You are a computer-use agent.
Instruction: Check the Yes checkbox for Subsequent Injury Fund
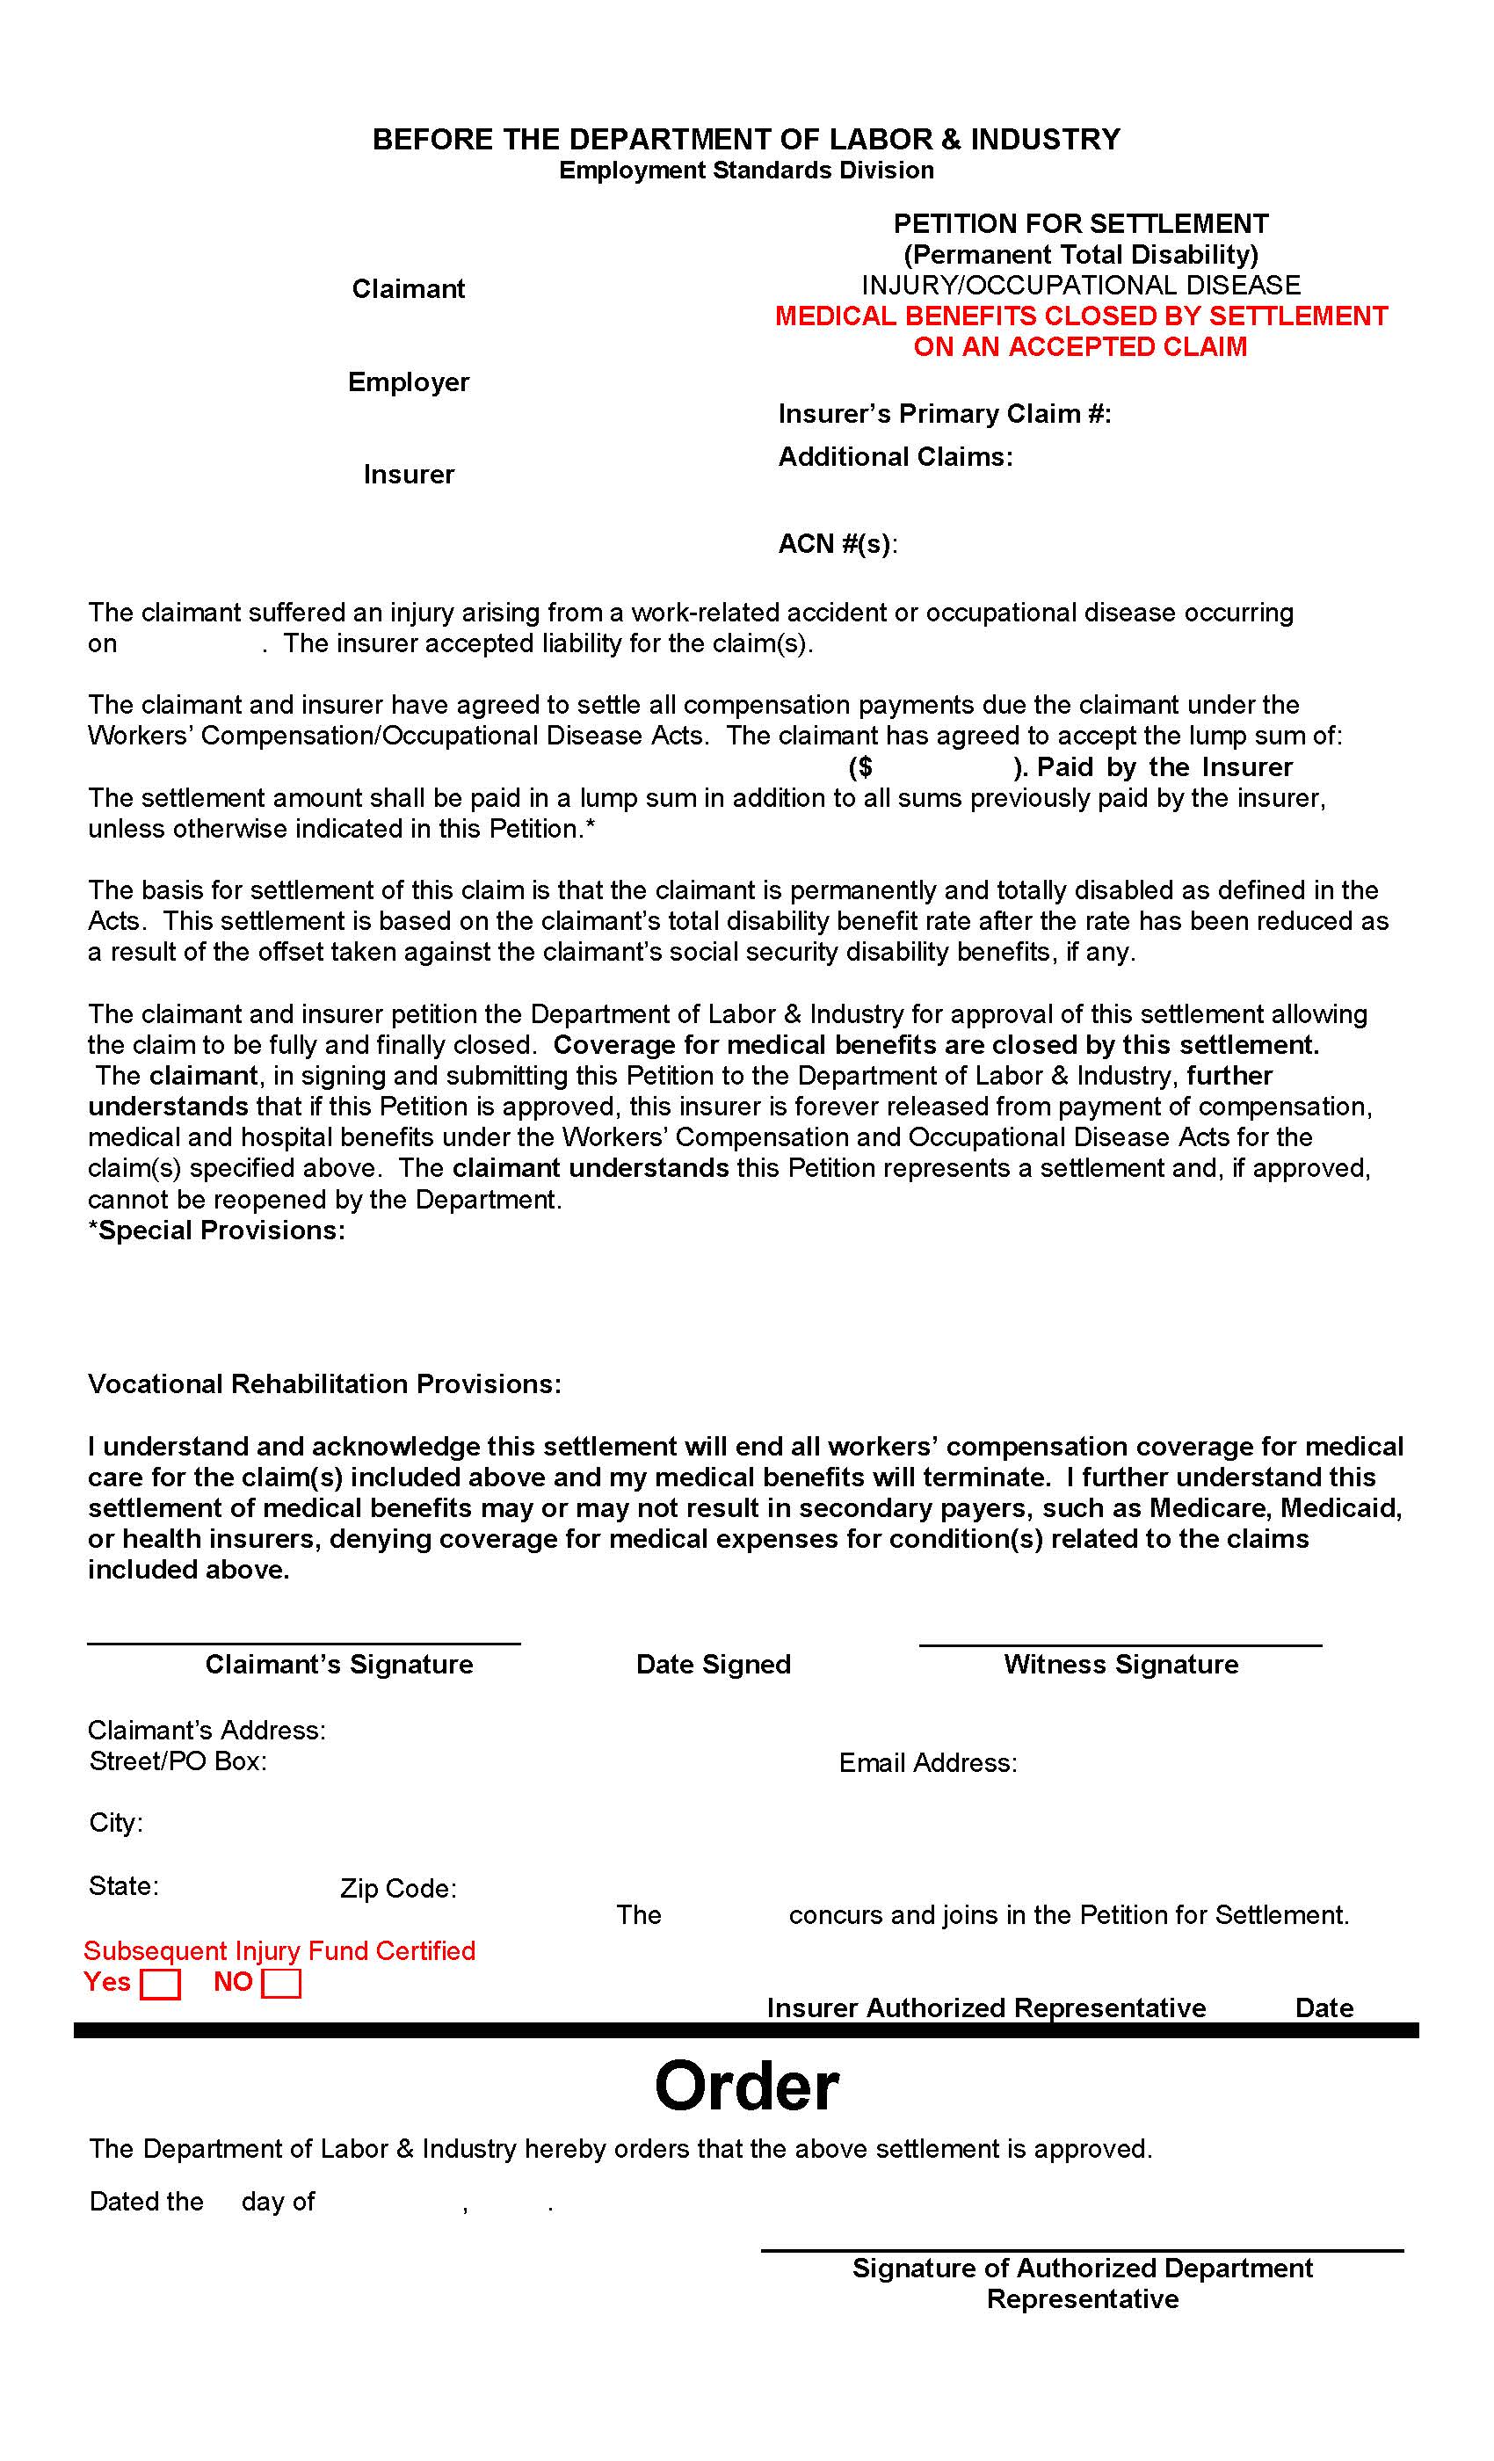[160, 1985]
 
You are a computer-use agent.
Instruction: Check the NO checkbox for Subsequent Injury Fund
[280, 1985]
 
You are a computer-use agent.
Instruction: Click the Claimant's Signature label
[338, 1664]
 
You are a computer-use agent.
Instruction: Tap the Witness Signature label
[1120, 1664]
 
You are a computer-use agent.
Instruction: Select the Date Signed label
[713, 1664]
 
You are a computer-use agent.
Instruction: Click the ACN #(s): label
[837, 543]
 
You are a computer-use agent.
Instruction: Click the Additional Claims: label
[895, 456]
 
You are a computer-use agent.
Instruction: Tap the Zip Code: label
[397, 1889]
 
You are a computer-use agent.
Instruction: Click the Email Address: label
[928, 1763]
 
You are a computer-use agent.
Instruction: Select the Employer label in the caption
[408, 381]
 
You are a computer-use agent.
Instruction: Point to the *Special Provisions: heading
[217, 1230]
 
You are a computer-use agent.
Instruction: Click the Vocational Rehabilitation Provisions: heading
[324, 1383]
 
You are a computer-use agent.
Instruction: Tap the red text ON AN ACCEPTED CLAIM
[1079, 346]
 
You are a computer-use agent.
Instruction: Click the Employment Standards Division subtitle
[746, 170]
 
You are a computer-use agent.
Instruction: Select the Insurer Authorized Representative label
[986, 2007]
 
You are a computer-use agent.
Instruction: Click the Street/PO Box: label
[178, 1760]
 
